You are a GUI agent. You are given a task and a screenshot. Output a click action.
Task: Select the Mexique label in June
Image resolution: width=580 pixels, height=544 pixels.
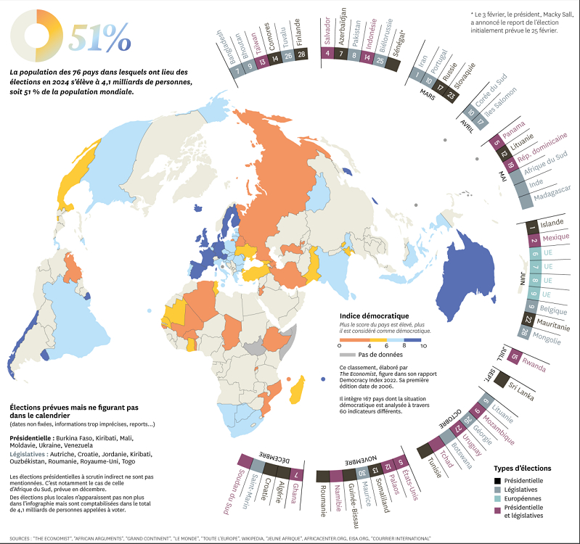pyautogui.click(x=556, y=238)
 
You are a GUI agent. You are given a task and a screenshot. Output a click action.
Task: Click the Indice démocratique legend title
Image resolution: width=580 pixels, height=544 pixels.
pyautogui.click(x=374, y=316)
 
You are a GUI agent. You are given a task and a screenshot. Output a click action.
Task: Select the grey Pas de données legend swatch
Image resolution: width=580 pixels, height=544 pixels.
pyautogui.click(x=348, y=354)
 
